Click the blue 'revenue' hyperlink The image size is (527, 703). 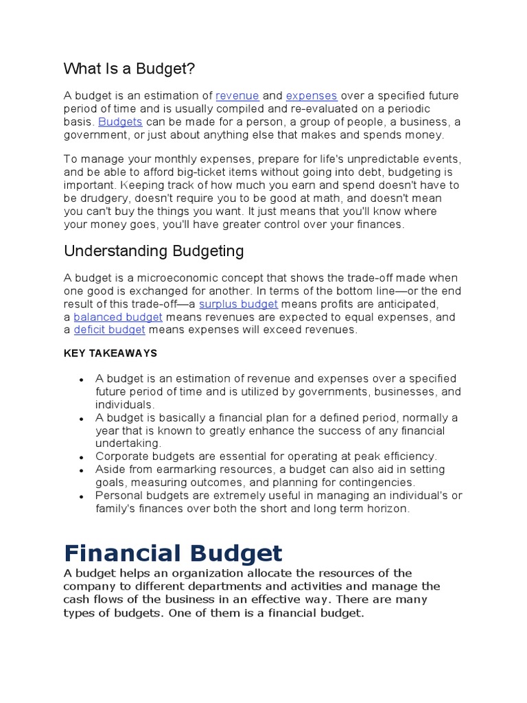tap(237, 95)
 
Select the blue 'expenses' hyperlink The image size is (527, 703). tap(312, 95)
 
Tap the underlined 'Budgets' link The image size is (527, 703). tap(120, 122)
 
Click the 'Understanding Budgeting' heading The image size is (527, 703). tap(154, 251)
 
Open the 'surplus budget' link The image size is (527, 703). tap(238, 303)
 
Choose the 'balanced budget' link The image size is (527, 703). tap(118, 316)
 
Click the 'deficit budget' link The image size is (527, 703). tap(110, 330)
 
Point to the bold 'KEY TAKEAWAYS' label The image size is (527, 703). tap(110, 353)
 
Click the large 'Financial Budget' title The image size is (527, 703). tap(173, 553)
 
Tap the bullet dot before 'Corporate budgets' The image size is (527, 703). tap(82, 457)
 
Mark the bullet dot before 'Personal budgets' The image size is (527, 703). tap(82, 496)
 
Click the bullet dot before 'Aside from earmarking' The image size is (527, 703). tap(82, 470)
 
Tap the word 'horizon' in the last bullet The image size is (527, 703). tap(388, 509)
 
